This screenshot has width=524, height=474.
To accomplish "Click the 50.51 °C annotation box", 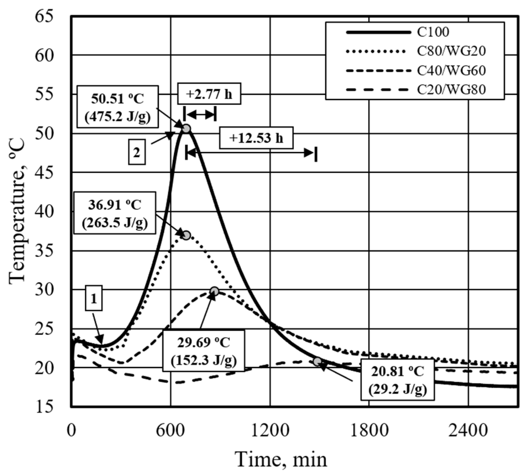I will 117,107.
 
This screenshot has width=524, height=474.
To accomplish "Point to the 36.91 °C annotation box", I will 115,213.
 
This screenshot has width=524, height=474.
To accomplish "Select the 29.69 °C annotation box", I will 204,350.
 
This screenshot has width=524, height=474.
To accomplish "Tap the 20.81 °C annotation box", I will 398,379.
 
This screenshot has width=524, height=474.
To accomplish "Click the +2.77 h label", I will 209,95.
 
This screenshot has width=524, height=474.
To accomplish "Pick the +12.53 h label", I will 256,138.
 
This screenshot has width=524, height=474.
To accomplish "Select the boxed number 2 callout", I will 137,153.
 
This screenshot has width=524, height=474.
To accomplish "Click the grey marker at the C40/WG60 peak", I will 214,291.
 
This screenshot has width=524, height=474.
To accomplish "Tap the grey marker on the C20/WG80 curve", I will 317,361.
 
